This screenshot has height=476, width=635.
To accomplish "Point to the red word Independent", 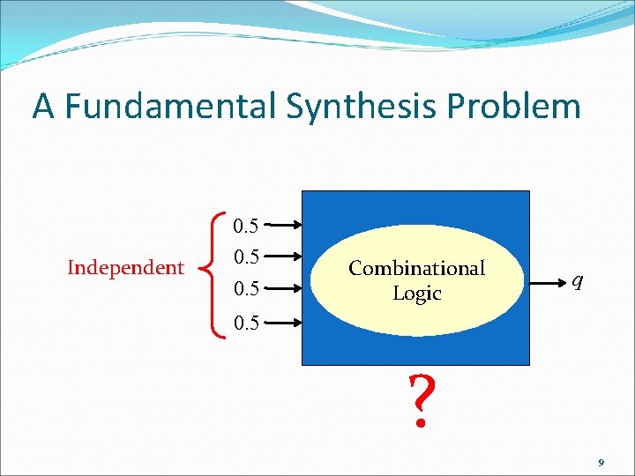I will point(125,267).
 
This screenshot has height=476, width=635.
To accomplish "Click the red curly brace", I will point(213,268).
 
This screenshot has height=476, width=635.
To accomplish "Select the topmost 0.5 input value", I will point(245,227).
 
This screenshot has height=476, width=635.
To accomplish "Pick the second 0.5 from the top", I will point(245,257).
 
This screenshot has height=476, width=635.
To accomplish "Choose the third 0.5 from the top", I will point(245,288).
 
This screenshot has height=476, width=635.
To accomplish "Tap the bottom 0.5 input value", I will point(245,324).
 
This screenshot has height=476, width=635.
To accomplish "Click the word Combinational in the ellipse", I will point(416,268).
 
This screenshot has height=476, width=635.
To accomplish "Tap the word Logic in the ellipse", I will point(416,293).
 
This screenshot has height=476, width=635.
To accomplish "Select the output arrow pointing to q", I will point(549,282).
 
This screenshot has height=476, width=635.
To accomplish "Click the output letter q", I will point(576,281).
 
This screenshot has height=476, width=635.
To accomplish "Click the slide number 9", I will point(601,462).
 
